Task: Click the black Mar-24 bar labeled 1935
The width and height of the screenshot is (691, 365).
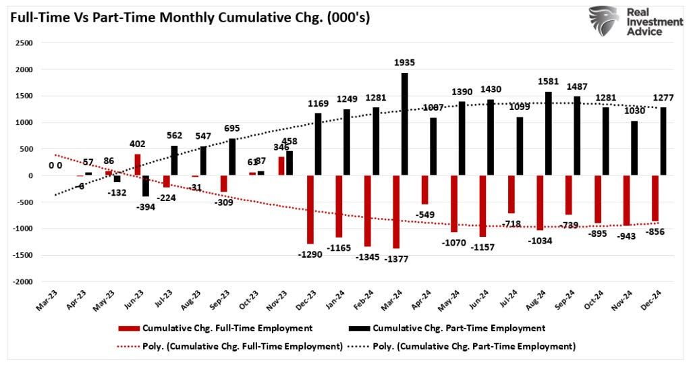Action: coord(405,124)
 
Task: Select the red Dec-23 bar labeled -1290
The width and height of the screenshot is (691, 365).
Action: coord(310,209)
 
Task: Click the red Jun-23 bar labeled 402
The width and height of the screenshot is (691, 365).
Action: coord(138,165)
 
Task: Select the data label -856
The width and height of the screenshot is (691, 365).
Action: coord(655,231)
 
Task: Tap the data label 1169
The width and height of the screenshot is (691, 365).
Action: coord(318,104)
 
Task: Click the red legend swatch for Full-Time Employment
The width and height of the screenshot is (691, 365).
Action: coord(129,329)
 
